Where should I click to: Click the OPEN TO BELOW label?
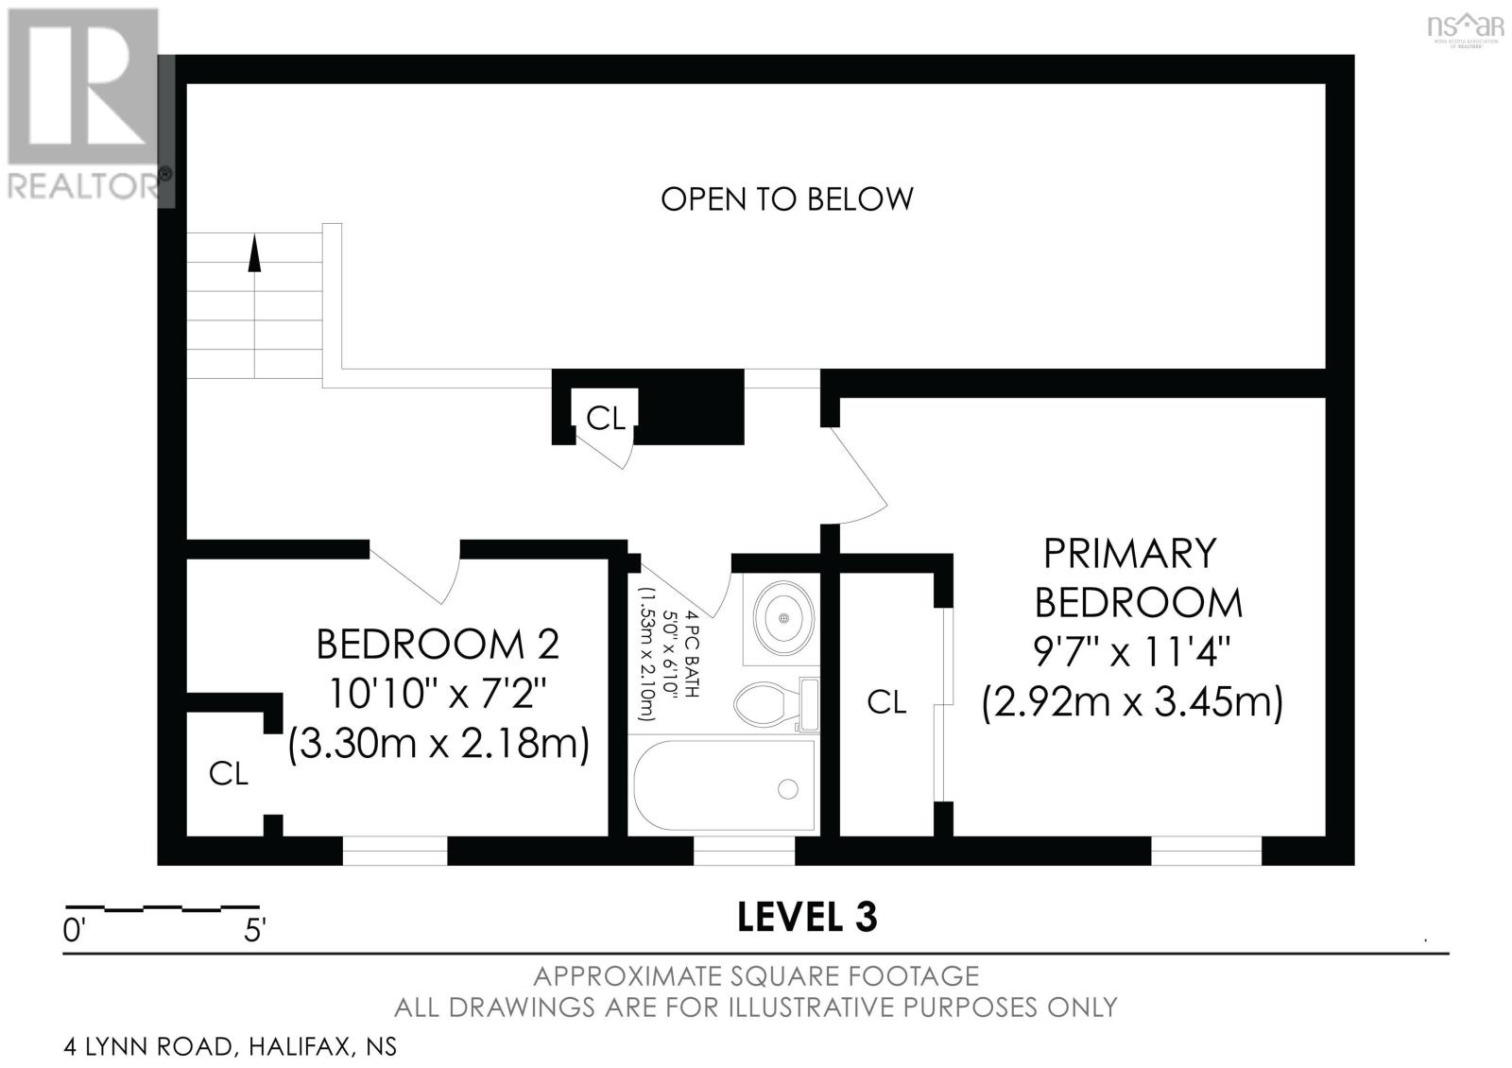click(786, 199)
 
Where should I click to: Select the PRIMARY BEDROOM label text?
click(1138, 577)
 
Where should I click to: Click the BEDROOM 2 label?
click(438, 644)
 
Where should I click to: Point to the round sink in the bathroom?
click(783, 618)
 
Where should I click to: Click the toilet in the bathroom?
click(776, 705)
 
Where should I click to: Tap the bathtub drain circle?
click(788, 788)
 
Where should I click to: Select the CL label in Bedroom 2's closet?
click(229, 774)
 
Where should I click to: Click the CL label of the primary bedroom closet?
click(886, 703)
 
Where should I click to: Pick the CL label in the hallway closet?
click(606, 419)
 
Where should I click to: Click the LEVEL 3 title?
click(807, 918)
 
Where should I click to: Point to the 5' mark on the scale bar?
click(255, 931)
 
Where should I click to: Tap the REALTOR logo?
click(84, 105)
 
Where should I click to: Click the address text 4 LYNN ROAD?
click(148, 1046)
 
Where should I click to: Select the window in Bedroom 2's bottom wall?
click(395, 852)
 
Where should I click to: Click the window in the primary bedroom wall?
click(1206, 852)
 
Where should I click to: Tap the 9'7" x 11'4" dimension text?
click(1132, 652)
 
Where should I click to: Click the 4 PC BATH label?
click(693, 653)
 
